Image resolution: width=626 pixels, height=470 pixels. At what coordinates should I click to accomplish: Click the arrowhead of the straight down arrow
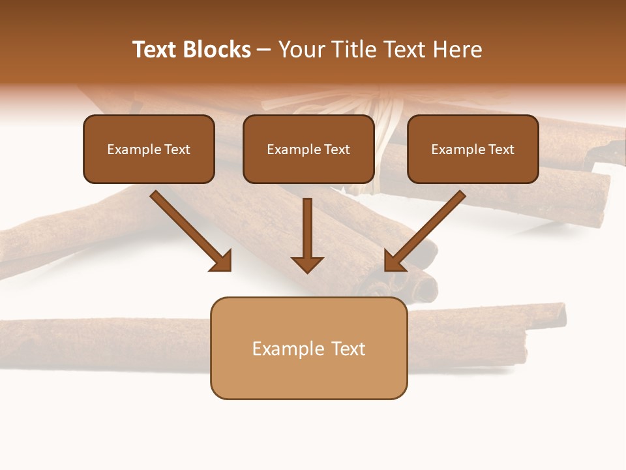[x=307, y=264]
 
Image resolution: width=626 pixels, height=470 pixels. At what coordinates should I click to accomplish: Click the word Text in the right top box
[x=501, y=149]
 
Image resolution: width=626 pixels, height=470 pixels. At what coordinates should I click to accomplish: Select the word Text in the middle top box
[x=337, y=149]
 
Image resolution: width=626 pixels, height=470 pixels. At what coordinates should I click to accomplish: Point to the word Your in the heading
[x=301, y=50]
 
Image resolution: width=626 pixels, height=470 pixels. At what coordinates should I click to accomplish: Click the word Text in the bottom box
[x=349, y=349]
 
